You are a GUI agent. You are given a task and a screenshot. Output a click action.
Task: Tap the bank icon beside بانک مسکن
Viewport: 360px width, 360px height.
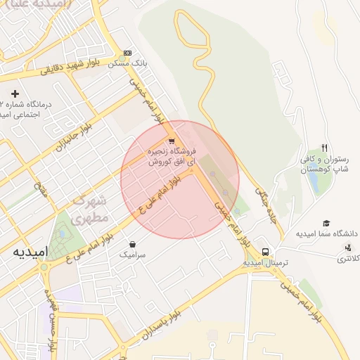click(127, 53)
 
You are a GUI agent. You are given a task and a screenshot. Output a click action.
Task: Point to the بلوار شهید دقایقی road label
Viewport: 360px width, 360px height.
click(75, 67)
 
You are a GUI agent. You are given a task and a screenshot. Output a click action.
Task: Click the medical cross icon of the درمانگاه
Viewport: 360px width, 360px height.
click(15, 93)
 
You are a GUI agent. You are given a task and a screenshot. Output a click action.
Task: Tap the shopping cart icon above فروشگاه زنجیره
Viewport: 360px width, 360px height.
click(172, 141)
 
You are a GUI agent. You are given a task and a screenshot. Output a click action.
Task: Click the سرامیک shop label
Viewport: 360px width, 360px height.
click(132, 255)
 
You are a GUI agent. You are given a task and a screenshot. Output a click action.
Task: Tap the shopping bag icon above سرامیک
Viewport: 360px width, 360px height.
click(132, 245)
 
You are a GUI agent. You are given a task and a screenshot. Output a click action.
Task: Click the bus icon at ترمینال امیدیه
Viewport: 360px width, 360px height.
click(265, 252)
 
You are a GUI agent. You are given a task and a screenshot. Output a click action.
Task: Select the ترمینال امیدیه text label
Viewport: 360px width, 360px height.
click(266, 262)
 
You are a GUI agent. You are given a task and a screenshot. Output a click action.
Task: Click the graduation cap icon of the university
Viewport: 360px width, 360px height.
click(326, 223)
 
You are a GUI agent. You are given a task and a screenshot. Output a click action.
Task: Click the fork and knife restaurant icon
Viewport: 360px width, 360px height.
click(324, 148)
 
